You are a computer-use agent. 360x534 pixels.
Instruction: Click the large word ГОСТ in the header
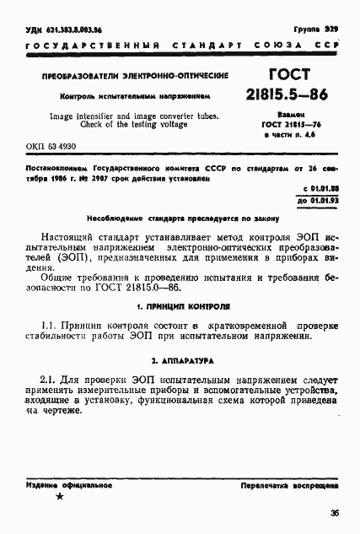[x=288, y=75]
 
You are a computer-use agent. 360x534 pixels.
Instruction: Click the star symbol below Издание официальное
[x=58, y=498]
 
